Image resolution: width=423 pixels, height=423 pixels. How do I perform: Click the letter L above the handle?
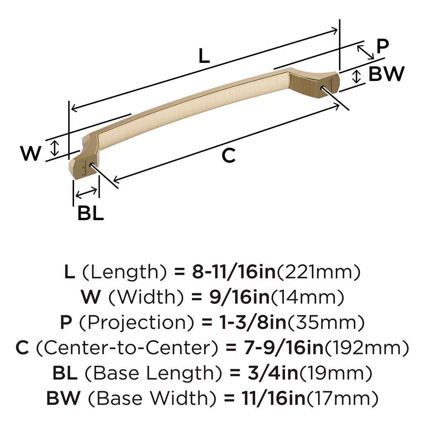pyautogui.click(x=204, y=56)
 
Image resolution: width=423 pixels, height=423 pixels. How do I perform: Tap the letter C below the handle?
pyautogui.click(x=228, y=155)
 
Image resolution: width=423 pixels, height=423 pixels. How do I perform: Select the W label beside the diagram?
pyautogui.click(x=31, y=153)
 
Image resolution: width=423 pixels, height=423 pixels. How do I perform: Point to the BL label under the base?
pyautogui.click(x=90, y=213)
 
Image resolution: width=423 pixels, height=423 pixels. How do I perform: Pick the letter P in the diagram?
pyautogui.click(x=383, y=46)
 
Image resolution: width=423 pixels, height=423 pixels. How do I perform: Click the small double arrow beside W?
pyautogui.click(x=55, y=148)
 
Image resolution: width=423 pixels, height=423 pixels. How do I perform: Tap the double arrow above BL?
pyautogui.click(x=86, y=192)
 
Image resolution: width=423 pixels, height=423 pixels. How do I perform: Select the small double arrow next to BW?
pyautogui.click(x=356, y=76)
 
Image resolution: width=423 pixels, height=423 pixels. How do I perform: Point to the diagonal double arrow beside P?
pyautogui.click(x=366, y=52)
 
